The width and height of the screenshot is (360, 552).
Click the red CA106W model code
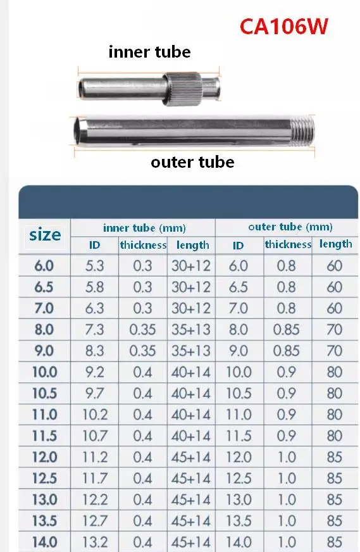coord(283,27)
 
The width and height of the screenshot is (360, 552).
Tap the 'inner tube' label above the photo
coord(149,52)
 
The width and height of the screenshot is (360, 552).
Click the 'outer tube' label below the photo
coord(192,162)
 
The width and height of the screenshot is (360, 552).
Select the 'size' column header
coord(45,235)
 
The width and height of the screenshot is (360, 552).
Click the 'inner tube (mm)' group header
coord(144,228)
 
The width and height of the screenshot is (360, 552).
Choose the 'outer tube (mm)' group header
coord(290,227)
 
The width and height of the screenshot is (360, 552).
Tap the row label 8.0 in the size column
coord(44,330)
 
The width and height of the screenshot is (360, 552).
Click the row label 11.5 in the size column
coord(44,436)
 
